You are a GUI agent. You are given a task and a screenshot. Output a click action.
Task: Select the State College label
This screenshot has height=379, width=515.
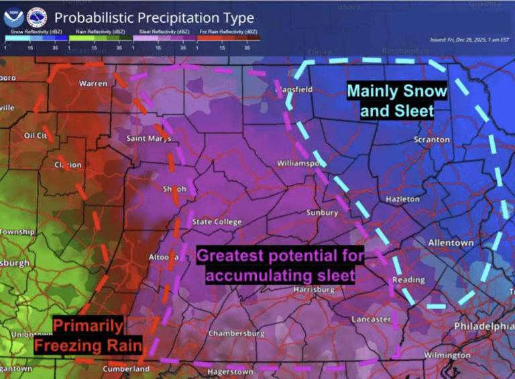pos(217,222)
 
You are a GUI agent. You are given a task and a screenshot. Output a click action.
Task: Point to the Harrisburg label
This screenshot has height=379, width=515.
pos(314,289)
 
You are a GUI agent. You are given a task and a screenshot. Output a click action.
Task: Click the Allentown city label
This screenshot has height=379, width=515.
pos(451,242)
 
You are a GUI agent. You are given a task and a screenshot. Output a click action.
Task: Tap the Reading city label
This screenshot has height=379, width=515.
pos(408,280)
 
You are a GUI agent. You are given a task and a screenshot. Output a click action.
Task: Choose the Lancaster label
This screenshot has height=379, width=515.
pos(371,319)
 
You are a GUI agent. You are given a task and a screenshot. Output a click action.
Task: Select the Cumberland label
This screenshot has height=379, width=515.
pos(126,369)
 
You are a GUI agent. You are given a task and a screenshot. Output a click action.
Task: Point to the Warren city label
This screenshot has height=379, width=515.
pos(93,84)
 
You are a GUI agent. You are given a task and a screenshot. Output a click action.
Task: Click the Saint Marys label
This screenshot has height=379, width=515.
pos(149,139)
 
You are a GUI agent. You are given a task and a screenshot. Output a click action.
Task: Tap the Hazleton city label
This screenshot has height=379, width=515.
pos(402,199)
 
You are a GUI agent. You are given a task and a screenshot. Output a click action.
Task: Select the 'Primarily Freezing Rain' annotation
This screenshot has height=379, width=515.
pos(88,336)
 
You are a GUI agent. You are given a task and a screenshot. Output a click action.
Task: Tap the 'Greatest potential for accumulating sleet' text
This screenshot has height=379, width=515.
pos(280,265)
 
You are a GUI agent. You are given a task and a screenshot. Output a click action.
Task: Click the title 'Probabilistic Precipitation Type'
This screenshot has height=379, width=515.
pos(154,17)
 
